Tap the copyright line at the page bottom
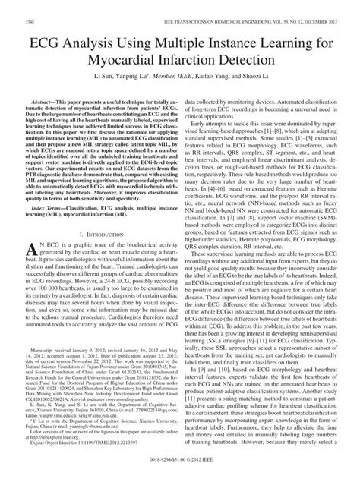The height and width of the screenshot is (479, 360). [180, 471]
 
